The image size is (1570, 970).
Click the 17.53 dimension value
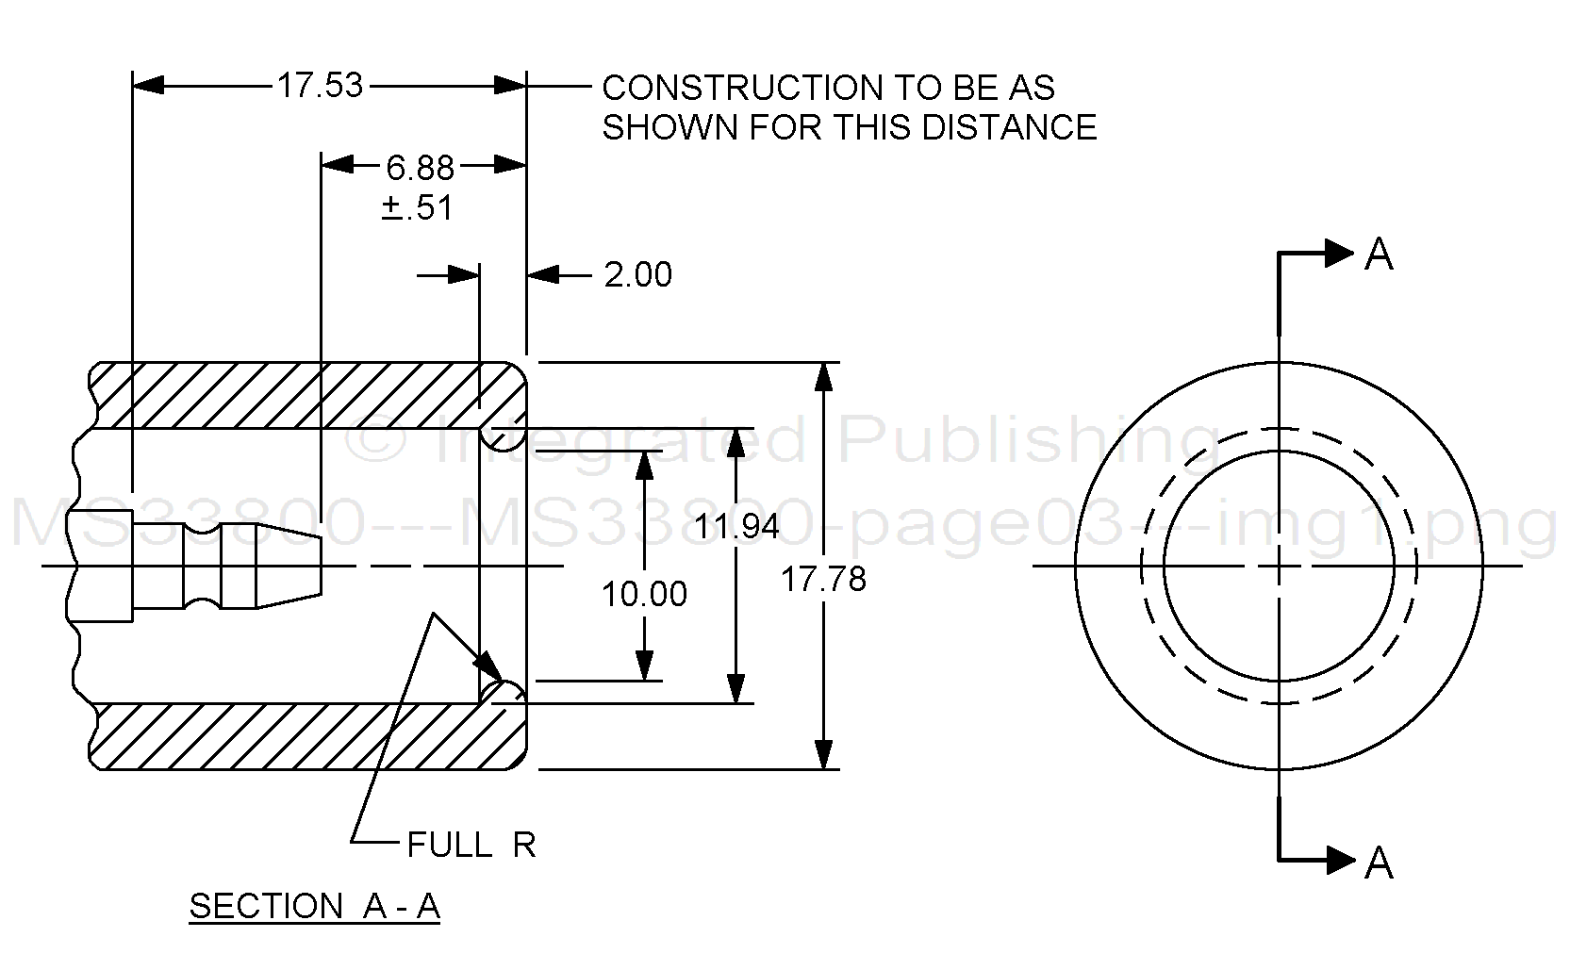click(320, 86)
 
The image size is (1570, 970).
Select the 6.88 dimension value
click(420, 168)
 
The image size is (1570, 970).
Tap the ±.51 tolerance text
click(418, 207)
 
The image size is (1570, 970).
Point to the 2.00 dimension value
click(637, 275)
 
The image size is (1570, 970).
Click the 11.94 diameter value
click(737, 526)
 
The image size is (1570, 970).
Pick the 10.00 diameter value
click(645, 594)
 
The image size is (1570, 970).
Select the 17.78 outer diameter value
click(823, 579)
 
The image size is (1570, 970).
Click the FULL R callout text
click(471, 845)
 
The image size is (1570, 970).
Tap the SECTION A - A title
click(315, 906)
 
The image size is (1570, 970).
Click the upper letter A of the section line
click(1379, 255)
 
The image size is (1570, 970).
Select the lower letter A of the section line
click(1379, 862)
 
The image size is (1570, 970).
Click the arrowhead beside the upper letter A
click(1340, 253)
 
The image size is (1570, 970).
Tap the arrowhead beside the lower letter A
click(1340, 860)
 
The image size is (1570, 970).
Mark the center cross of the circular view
click(1279, 566)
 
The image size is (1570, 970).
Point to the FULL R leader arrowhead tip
click(501, 681)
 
